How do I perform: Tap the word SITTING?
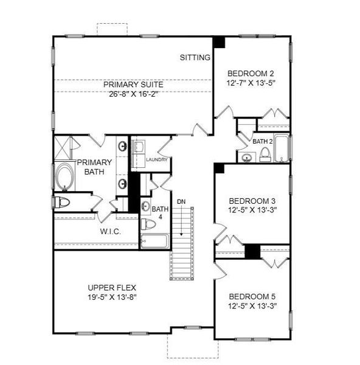195,58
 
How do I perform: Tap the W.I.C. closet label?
112,232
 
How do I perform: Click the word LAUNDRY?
157,160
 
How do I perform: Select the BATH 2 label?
262,141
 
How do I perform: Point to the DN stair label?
181,201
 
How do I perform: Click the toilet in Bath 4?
147,224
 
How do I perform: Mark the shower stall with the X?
63,147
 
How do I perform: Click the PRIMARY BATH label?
94,167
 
